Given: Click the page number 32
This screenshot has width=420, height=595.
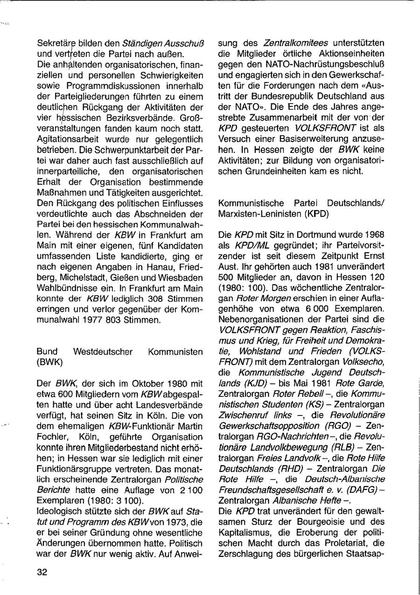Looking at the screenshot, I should coord(42,573).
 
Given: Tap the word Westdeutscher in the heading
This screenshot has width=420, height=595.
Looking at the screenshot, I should coord(103,351).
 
